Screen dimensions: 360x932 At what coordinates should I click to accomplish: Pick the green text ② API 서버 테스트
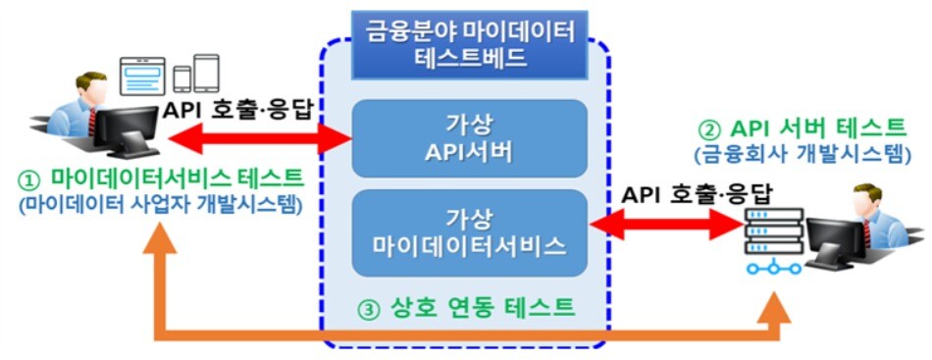(x=801, y=129)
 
